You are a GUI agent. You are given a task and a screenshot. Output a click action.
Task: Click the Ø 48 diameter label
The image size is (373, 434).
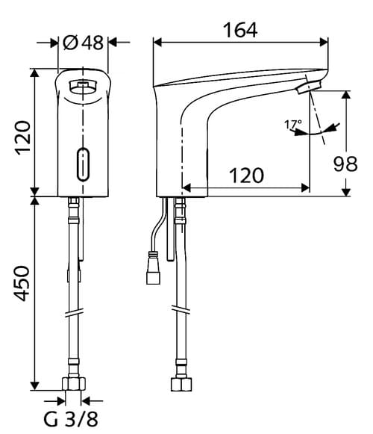tap(83, 43)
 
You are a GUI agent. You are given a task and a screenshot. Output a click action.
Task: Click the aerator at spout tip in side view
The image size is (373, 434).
tap(305, 90)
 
